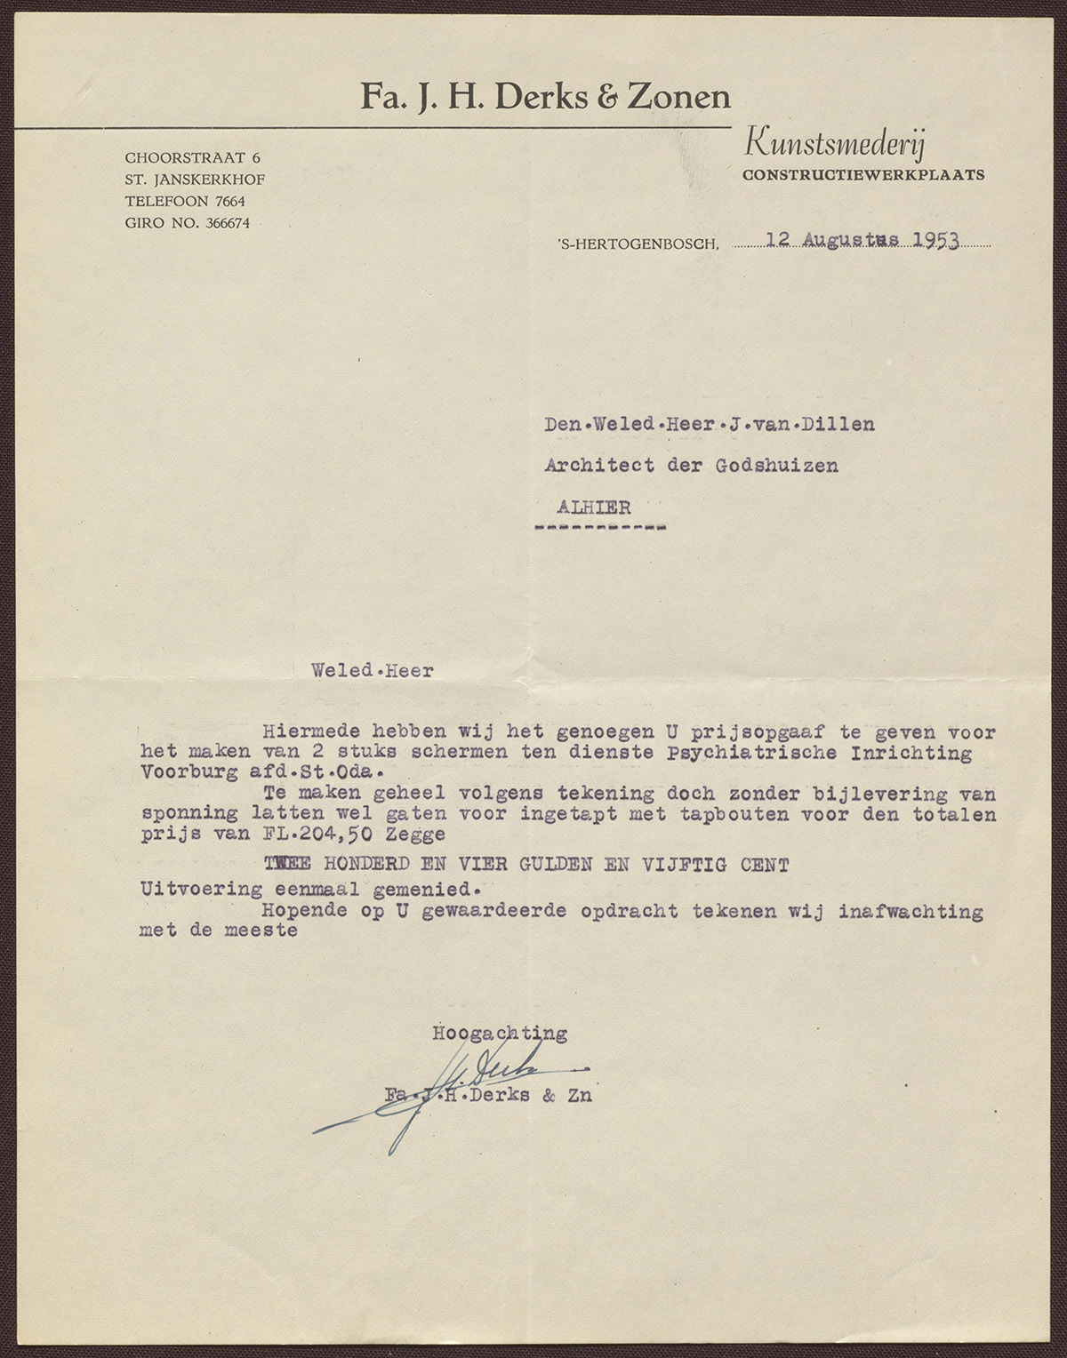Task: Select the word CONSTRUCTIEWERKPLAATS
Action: point(863,175)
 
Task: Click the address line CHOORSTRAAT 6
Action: point(193,157)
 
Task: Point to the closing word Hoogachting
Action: point(500,1033)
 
